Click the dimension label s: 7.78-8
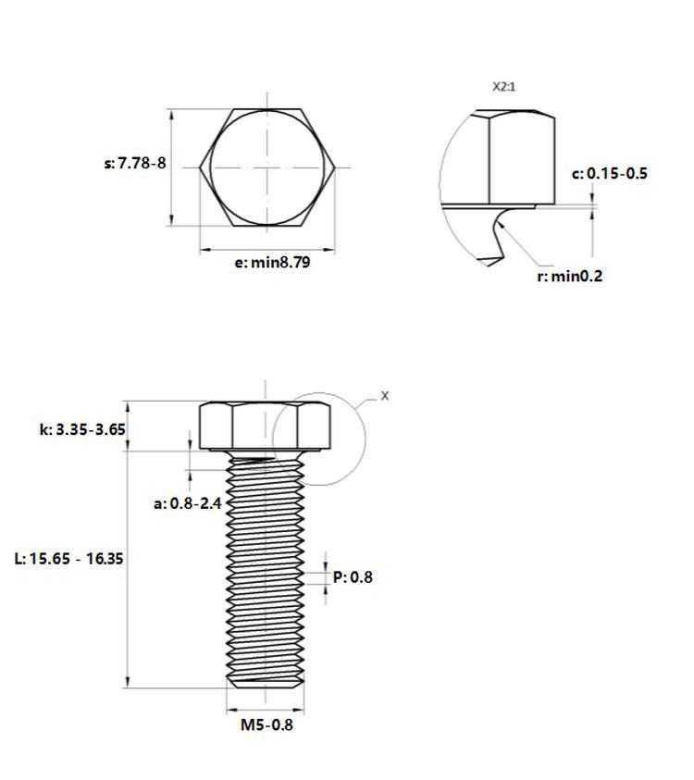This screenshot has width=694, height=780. coord(135,163)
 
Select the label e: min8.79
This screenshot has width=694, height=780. coord(272,262)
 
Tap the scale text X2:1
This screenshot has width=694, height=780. coord(504,87)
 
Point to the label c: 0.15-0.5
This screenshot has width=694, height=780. coord(610,174)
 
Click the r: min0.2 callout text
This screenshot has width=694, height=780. coord(570,276)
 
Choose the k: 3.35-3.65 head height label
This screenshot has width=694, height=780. coord(82,429)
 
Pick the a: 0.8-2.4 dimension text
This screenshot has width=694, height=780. coord(188,503)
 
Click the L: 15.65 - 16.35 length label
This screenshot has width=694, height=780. coord(68,559)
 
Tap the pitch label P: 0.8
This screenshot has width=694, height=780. coord(353,577)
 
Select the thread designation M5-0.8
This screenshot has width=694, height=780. coord(266,724)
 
